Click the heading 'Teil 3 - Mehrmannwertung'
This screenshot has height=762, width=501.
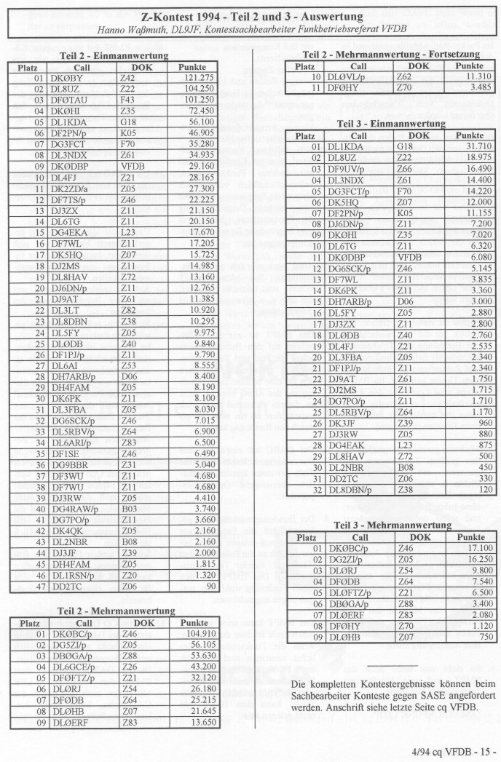click(x=392, y=525)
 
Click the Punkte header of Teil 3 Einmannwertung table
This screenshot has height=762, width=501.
click(x=470, y=135)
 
